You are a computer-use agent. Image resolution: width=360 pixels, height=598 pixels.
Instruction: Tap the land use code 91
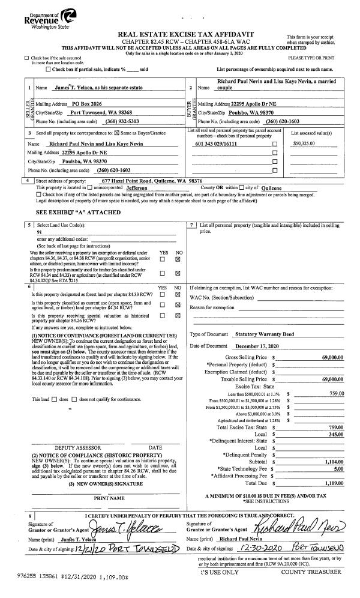[40, 231]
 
